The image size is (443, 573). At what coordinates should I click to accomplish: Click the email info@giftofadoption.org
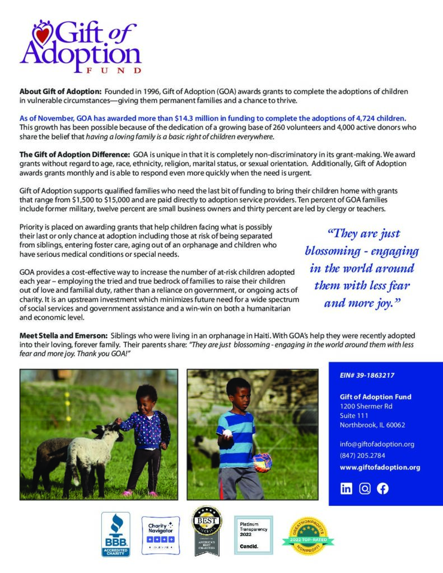click(377, 444)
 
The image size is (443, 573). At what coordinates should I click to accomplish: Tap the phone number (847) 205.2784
click(362, 455)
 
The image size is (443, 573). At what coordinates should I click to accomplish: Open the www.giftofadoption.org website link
click(380, 467)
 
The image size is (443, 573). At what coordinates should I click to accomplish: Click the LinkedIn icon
click(347, 489)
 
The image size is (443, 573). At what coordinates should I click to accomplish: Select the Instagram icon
click(365, 489)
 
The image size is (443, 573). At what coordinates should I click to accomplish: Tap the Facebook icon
click(383, 489)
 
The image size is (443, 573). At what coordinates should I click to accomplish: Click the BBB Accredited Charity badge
click(115, 534)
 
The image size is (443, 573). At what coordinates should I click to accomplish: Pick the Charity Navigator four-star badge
click(160, 534)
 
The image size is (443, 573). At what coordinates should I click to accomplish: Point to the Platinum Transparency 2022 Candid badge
click(253, 534)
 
